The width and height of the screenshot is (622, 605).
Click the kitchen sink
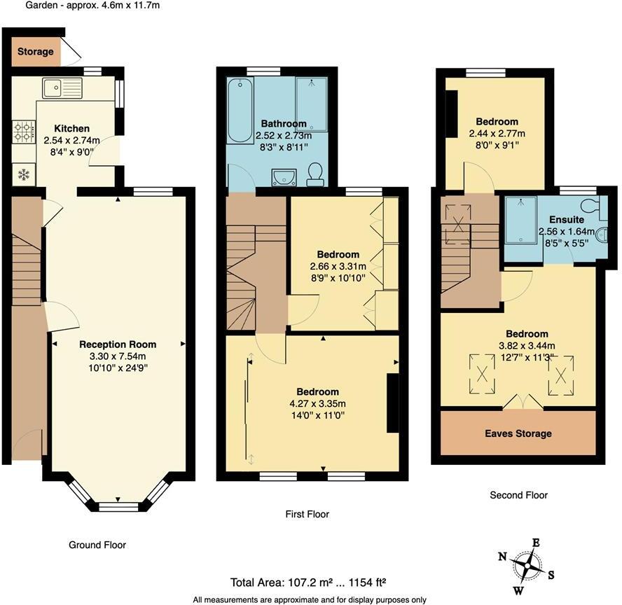pos(62,88)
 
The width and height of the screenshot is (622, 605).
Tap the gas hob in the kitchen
pos(23,130)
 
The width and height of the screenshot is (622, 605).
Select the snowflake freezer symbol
pos(22,174)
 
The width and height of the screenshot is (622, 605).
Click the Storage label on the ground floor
pos(35,52)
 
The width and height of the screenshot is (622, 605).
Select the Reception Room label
pos(118,345)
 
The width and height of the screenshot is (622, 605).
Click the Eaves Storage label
pos(518,433)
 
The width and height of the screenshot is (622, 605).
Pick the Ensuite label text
pos(567,219)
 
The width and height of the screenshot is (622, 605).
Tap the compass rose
pos(525,564)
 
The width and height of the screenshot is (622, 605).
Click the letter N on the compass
pos(502,557)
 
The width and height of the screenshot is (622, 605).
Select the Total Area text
pos(309,582)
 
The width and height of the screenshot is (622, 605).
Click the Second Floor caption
pos(518,495)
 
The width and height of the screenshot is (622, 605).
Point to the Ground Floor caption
pos(97,545)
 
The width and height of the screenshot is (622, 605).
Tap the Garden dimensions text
pos(93,6)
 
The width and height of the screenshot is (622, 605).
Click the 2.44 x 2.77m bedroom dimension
pos(497,133)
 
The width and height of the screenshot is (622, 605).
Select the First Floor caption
pos(307,514)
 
